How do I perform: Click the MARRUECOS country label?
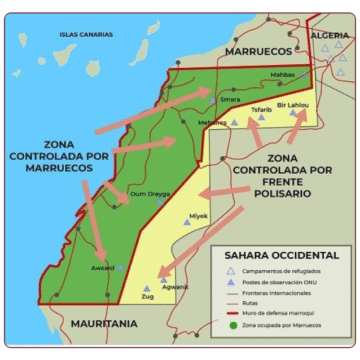(x=258, y=48)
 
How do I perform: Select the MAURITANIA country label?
(x=104, y=324)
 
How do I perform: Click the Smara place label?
(x=230, y=100)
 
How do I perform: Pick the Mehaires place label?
(x=213, y=122)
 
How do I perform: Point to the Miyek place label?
(x=199, y=212)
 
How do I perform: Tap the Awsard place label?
(x=103, y=267)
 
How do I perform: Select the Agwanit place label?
(x=175, y=286)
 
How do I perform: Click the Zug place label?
(x=147, y=297)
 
